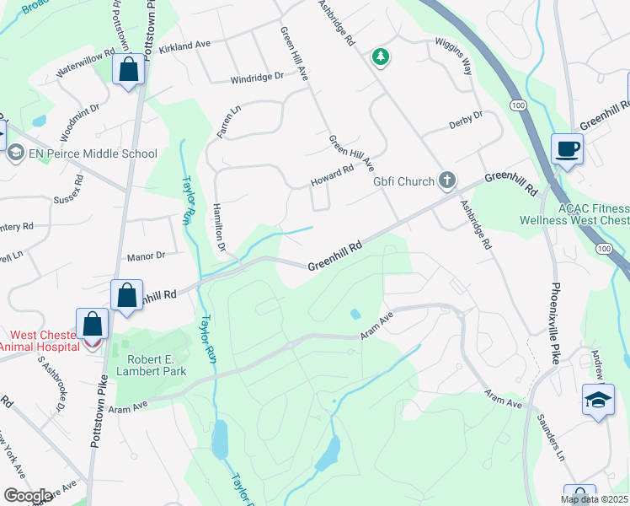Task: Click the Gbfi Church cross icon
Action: click(x=446, y=180)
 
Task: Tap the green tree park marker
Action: click(x=382, y=57)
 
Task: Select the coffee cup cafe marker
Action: click(x=567, y=148)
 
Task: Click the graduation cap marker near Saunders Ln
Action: click(x=598, y=400)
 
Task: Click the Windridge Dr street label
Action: click(x=258, y=80)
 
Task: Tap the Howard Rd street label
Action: click(x=333, y=174)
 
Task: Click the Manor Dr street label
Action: click(x=145, y=255)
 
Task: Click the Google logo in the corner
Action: click(x=28, y=496)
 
